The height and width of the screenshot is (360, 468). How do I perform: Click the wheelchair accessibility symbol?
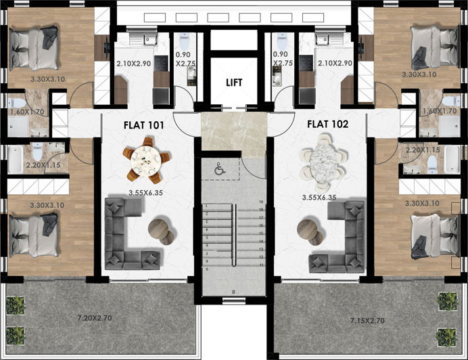(x=219, y=171)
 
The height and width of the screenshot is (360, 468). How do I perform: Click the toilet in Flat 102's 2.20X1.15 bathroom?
(x=431, y=162)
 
